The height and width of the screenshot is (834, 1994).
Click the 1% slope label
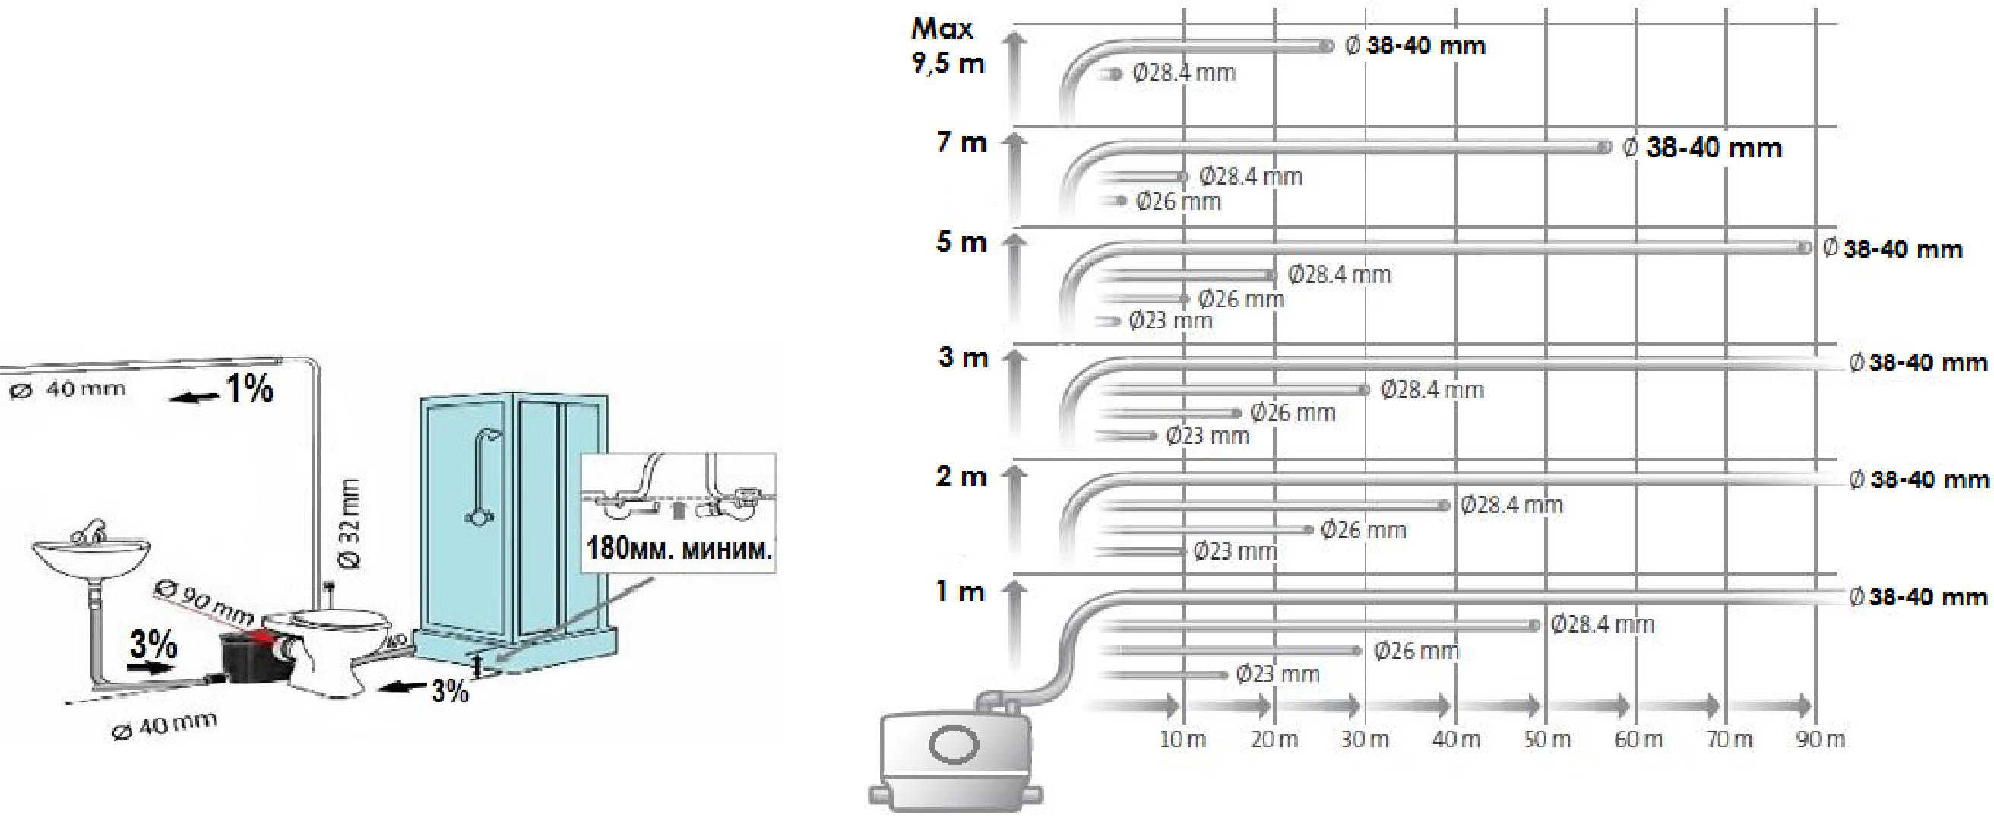pyautogui.click(x=249, y=388)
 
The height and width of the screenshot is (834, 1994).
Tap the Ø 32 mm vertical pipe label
pyautogui.click(x=350, y=524)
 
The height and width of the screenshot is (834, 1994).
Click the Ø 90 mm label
pyautogui.click(x=204, y=601)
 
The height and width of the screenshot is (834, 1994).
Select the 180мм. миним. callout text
pyautogui.click(x=679, y=547)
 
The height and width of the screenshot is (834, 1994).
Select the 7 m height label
pyautogui.click(x=961, y=142)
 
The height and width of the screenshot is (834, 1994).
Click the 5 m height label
pyautogui.click(x=961, y=242)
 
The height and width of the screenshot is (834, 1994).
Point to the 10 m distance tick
pyautogui.click(x=1182, y=739)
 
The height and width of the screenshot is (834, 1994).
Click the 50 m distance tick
pyautogui.click(x=1547, y=739)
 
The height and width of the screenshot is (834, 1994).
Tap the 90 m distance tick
pyautogui.click(x=1821, y=739)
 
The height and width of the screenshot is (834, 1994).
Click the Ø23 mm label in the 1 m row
pyautogui.click(x=1278, y=674)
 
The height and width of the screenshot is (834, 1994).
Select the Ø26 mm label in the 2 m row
pyautogui.click(x=1363, y=530)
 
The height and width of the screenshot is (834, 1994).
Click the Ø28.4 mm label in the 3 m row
pyautogui.click(x=1432, y=388)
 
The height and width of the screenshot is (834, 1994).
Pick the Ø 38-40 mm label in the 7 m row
pyautogui.click(x=1702, y=147)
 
